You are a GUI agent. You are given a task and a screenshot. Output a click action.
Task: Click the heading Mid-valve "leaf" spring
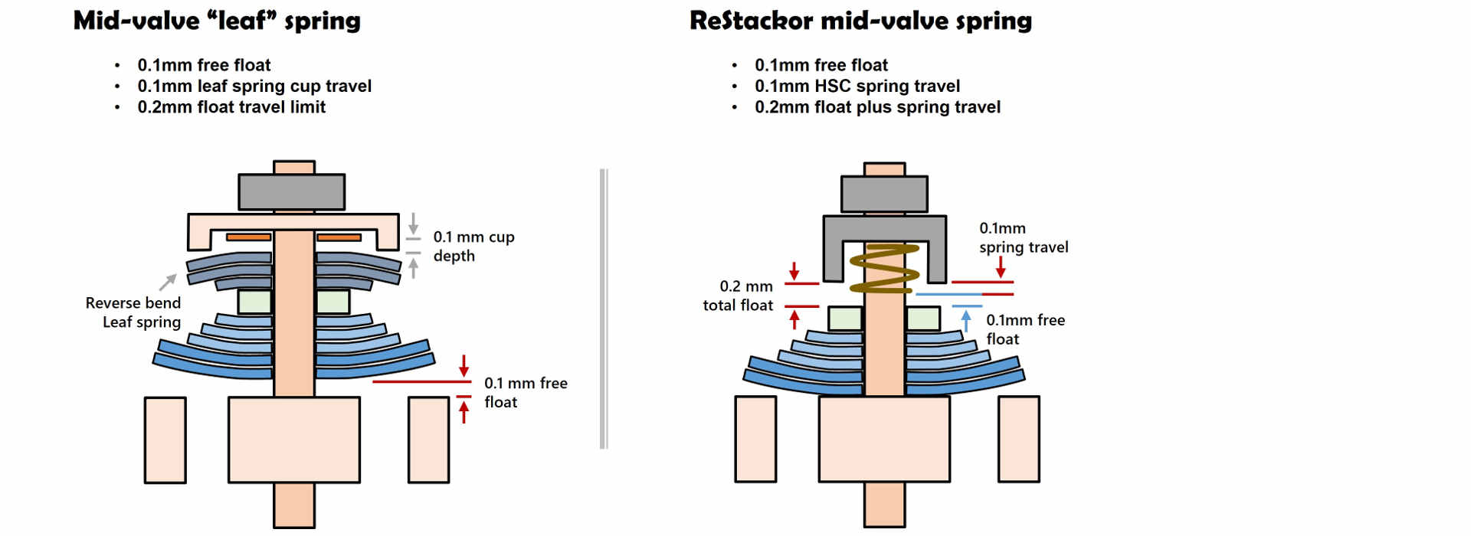217,21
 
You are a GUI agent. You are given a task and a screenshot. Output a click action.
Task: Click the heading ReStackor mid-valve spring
860,21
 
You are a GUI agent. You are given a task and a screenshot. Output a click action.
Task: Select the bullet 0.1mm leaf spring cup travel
254,86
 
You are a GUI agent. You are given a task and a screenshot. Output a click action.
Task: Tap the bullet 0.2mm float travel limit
231,107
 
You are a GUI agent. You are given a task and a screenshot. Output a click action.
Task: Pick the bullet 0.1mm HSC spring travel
857,86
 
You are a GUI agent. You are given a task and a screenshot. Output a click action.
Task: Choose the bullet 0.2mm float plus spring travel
877,107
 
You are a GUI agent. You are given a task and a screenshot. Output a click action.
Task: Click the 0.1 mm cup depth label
473,247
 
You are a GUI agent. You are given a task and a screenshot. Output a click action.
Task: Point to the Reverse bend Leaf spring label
134,312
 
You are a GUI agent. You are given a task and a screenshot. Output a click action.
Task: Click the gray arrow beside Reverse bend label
168,283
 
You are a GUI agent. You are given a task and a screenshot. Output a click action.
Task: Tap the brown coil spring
884,269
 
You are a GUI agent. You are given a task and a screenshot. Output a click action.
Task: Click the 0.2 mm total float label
738,296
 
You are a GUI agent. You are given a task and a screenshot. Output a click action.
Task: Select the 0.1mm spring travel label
1023,237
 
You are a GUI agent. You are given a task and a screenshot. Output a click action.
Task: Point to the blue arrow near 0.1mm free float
966,319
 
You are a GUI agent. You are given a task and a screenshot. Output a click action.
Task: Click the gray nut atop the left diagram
291,191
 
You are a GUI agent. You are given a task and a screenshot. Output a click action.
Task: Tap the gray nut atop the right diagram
884,194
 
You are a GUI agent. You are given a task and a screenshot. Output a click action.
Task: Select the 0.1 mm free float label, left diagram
526,392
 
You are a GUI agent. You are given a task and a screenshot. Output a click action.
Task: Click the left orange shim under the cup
248,237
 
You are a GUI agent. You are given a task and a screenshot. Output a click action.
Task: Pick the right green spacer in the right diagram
923,319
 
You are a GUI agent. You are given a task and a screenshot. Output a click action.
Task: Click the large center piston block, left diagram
294,440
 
